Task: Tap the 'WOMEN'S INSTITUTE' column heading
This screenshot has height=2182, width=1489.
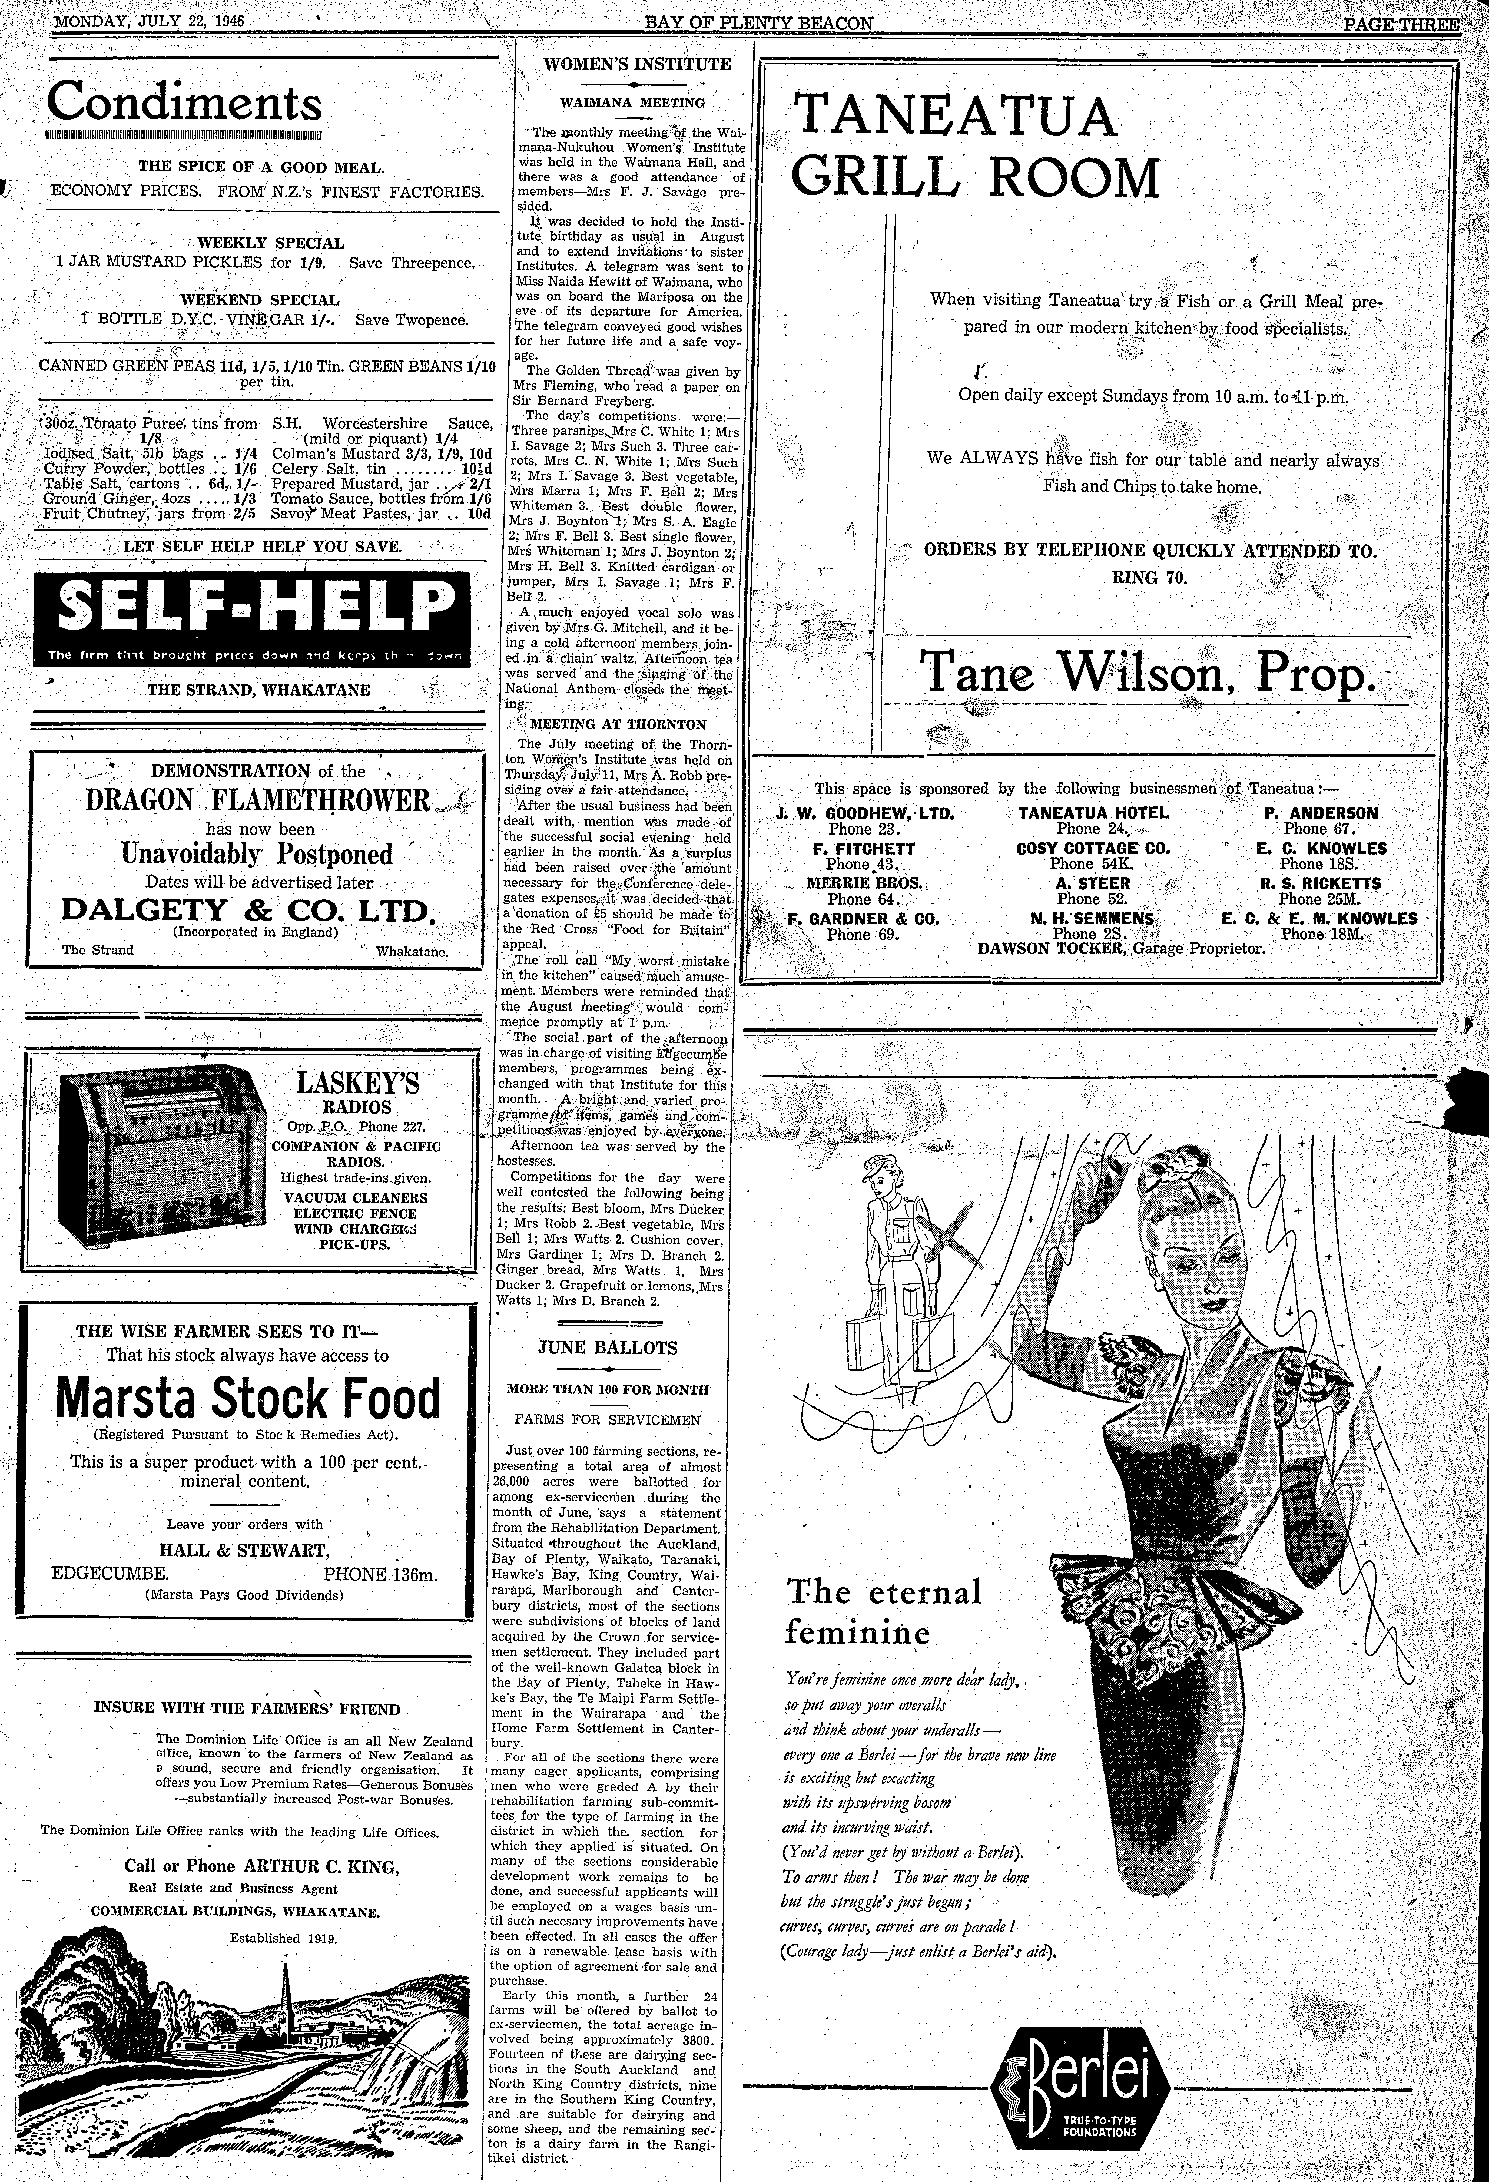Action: [x=638, y=65]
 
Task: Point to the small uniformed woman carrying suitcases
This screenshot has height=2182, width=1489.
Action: [x=886, y=1237]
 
